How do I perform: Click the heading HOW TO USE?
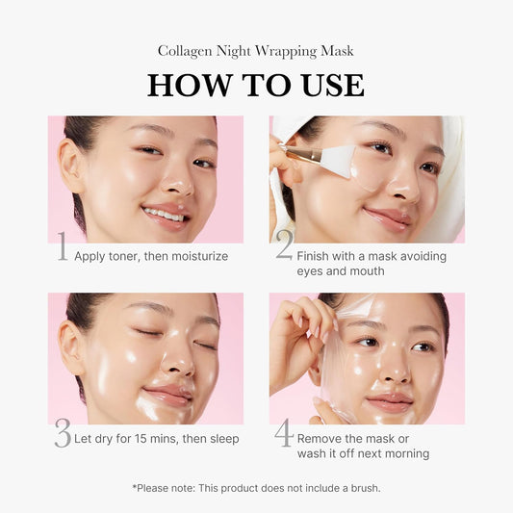pyautogui.click(x=256, y=85)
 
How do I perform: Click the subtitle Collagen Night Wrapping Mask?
pyautogui.click(x=256, y=51)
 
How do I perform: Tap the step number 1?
pyautogui.click(x=62, y=248)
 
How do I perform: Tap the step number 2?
pyautogui.click(x=284, y=246)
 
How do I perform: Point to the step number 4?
pyautogui.click(x=284, y=434)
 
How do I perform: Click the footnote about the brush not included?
pyautogui.click(x=256, y=488)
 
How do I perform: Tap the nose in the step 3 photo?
pyautogui.click(x=179, y=367)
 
